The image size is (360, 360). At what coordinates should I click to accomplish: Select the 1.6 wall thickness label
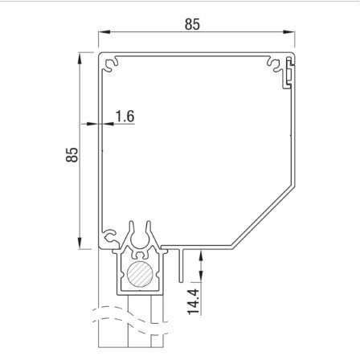[x=125, y=117]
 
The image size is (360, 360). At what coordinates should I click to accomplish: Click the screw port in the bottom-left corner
[x=108, y=236]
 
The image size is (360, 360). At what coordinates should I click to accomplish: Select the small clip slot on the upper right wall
[x=287, y=76]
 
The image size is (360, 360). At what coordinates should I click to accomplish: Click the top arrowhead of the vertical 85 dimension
[x=80, y=57]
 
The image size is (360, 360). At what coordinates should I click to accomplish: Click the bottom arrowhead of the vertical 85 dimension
[x=80, y=244]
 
